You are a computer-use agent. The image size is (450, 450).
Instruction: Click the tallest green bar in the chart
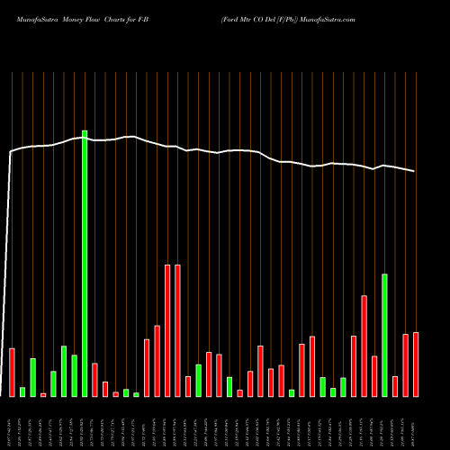click(x=85, y=263)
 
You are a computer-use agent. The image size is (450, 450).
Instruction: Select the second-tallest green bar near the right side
click(x=384, y=335)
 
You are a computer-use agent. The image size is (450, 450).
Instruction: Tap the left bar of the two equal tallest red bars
click(x=167, y=330)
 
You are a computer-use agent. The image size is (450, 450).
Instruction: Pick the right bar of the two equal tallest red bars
click(x=177, y=330)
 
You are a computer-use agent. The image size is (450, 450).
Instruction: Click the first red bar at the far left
click(x=12, y=372)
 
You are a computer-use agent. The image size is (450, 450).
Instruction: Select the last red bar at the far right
click(x=416, y=364)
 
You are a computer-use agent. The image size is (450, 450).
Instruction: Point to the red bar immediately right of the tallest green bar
click(x=94, y=380)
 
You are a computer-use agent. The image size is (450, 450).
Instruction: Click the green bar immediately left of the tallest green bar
click(x=74, y=375)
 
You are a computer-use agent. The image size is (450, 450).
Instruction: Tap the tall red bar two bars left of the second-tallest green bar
click(x=364, y=346)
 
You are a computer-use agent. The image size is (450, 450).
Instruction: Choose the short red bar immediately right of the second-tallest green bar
click(x=395, y=386)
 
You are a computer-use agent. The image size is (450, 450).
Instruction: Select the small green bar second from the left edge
click(x=22, y=391)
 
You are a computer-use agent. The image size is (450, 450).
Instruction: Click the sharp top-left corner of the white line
click(x=11, y=153)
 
